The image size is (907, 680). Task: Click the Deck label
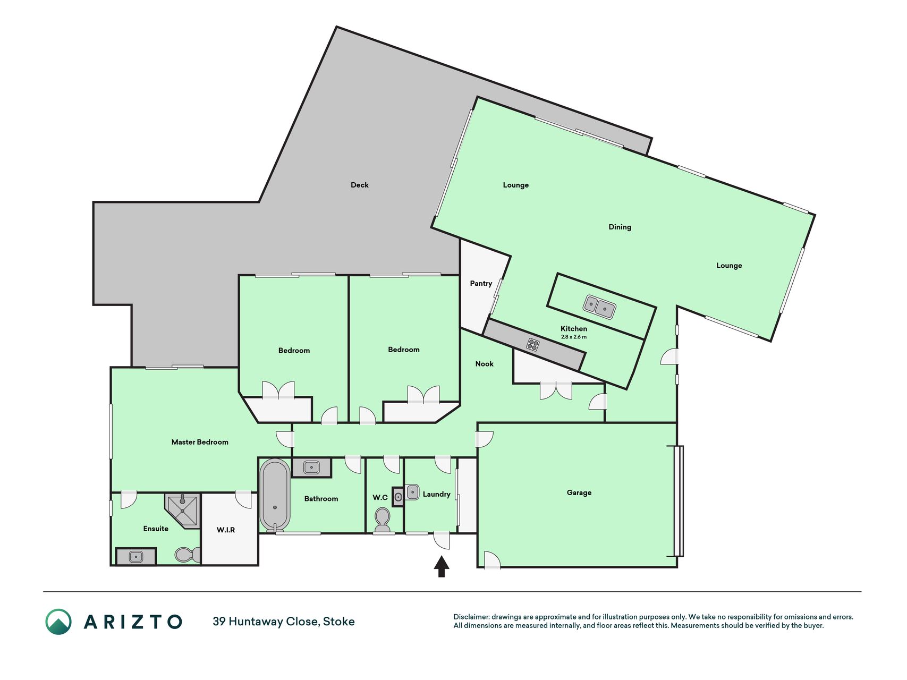[x=359, y=185]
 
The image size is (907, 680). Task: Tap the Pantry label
[x=481, y=284]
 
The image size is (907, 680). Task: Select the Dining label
[x=620, y=227]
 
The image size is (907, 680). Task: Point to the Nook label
[x=484, y=364]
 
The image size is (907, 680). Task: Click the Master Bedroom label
[x=200, y=442]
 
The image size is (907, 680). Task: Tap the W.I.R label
[x=226, y=530]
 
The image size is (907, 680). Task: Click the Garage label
[x=579, y=493]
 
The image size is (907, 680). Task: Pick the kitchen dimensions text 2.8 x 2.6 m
[x=574, y=337]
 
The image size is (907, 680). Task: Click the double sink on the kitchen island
[x=599, y=307]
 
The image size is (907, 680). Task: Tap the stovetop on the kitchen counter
[x=532, y=345]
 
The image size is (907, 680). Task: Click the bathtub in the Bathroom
[x=275, y=495]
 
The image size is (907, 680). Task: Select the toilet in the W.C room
[x=382, y=520]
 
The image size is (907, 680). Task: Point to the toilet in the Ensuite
[x=188, y=555]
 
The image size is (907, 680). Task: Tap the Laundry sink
[x=412, y=492]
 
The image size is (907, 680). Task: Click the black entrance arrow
[x=442, y=566]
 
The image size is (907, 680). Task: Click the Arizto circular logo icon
[x=58, y=622]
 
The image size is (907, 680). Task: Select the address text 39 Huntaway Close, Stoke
[x=284, y=622]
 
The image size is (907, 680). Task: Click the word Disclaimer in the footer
[x=471, y=617]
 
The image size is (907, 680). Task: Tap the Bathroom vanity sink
[x=311, y=467]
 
